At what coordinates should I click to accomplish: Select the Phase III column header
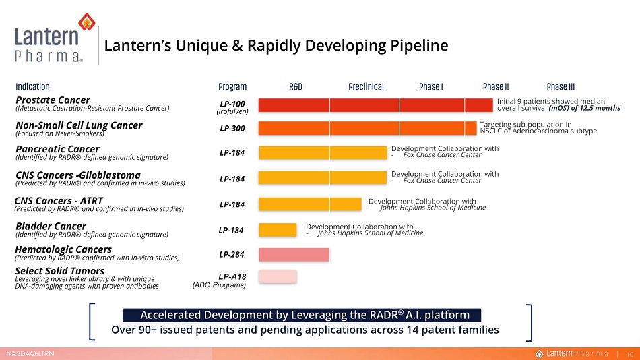(561, 86)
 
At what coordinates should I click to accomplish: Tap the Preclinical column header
(366, 86)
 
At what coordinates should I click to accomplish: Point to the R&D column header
(296, 86)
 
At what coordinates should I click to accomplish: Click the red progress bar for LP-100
(375, 105)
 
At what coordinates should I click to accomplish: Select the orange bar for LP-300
(367, 128)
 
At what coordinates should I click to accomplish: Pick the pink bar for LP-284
(294, 255)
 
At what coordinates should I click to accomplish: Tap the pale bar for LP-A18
(278, 276)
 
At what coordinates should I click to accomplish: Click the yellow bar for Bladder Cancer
(278, 230)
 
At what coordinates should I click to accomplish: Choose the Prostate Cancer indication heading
(53, 100)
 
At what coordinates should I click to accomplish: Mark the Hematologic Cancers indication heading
(63, 249)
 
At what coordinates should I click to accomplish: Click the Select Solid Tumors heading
(59, 271)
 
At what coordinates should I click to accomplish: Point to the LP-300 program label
(232, 128)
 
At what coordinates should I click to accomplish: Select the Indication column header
(32, 86)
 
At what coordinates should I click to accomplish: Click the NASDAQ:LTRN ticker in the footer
(30, 353)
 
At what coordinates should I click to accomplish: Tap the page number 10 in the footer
(630, 355)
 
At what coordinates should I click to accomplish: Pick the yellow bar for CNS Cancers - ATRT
(310, 204)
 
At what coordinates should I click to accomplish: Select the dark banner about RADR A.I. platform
(302, 315)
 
